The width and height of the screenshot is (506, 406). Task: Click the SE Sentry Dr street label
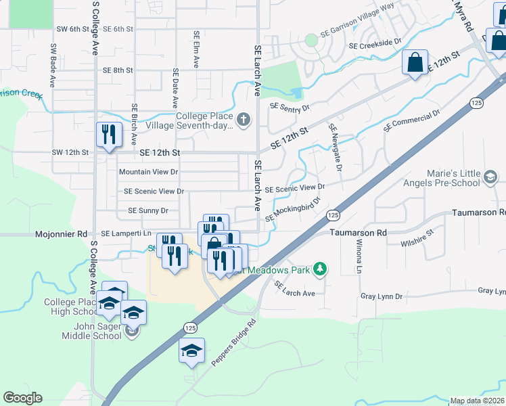[x=290, y=107]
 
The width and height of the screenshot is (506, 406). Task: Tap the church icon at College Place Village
[x=244, y=120]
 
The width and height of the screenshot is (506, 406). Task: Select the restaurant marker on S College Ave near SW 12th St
[x=108, y=134]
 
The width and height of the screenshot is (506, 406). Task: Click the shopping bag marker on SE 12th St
[x=415, y=63]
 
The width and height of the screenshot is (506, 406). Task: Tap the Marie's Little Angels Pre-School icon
[x=489, y=178]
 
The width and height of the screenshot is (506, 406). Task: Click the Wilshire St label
[x=416, y=241]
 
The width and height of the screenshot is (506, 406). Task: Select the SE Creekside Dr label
[x=379, y=44]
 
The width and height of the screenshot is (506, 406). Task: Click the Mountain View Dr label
[x=148, y=173]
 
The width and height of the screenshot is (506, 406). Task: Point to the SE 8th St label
[x=118, y=70]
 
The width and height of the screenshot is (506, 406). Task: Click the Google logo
[x=22, y=398]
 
